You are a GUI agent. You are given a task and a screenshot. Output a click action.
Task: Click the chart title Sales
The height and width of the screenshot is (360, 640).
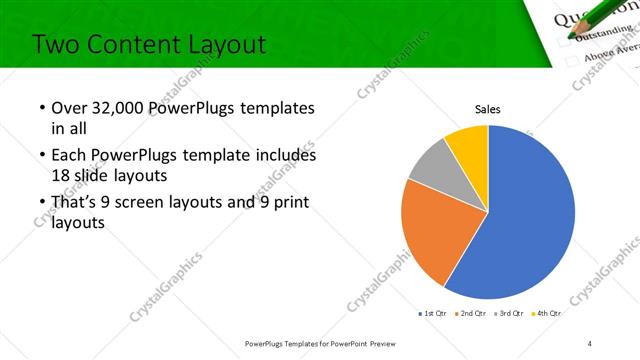coord(487,109)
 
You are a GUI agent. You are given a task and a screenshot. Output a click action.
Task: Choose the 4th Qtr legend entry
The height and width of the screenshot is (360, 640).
coord(547,313)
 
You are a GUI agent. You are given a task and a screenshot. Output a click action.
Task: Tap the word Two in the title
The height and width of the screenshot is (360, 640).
coord(54,45)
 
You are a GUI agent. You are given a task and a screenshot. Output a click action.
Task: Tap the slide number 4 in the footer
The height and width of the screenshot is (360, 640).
coord(590,343)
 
